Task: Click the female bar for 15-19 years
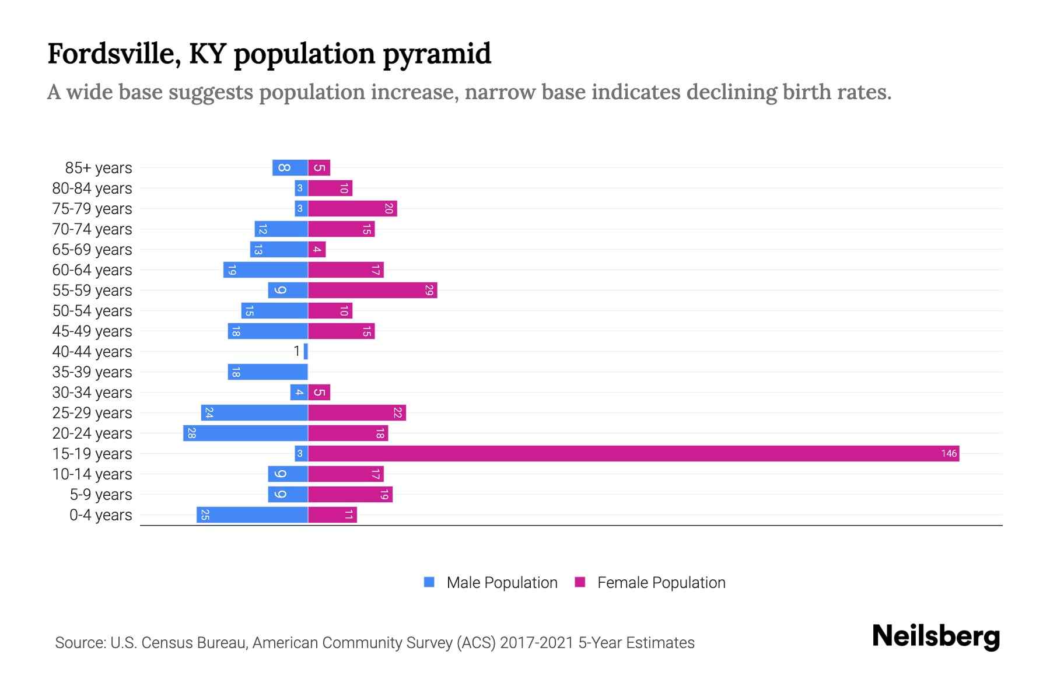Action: click(633, 453)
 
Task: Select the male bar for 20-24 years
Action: click(246, 433)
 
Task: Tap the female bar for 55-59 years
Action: click(372, 290)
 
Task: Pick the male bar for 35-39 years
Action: click(268, 372)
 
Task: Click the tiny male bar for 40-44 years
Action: click(306, 351)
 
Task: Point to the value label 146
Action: click(949, 453)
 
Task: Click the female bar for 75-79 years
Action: click(352, 208)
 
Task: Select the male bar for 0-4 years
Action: click(252, 514)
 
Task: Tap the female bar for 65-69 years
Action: click(317, 249)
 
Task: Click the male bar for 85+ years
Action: click(290, 167)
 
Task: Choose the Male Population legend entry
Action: click(491, 582)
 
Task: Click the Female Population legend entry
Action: click(650, 582)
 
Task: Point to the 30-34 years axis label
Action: click(92, 392)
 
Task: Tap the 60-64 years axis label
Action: click(92, 269)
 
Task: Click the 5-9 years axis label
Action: click(100, 494)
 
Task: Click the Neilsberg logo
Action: click(936, 636)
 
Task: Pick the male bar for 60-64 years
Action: click(265, 269)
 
